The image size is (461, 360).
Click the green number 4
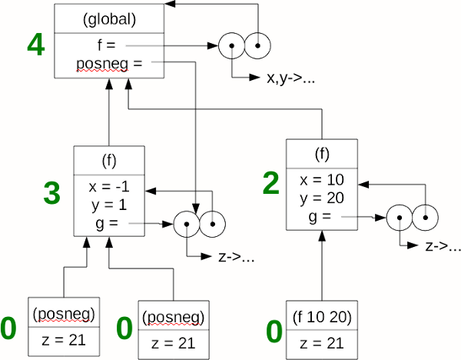[35, 45]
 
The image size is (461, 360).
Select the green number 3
[51, 193]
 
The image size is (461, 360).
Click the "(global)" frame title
[109, 18]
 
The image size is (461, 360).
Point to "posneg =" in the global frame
[109, 63]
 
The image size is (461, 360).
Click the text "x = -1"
[108, 187]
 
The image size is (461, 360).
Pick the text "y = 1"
[108, 205]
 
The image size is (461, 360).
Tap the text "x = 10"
[321, 180]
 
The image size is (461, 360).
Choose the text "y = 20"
[321, 198]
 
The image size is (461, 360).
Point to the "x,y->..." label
[290, 79]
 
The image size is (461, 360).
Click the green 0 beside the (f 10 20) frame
[274, 332]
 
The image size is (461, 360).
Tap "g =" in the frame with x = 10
[320, 217]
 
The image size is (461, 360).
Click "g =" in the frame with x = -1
[106, 223]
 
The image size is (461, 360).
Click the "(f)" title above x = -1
[108, 162]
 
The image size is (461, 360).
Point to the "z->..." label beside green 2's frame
[443, 247]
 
